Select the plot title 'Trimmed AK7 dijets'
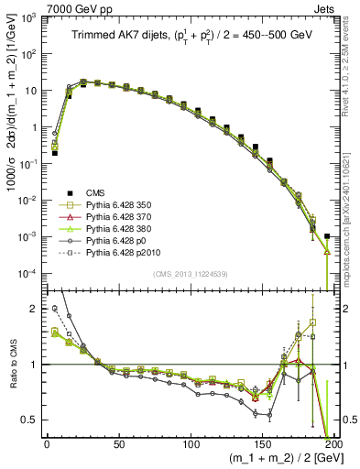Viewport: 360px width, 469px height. (x=119, y=36)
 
